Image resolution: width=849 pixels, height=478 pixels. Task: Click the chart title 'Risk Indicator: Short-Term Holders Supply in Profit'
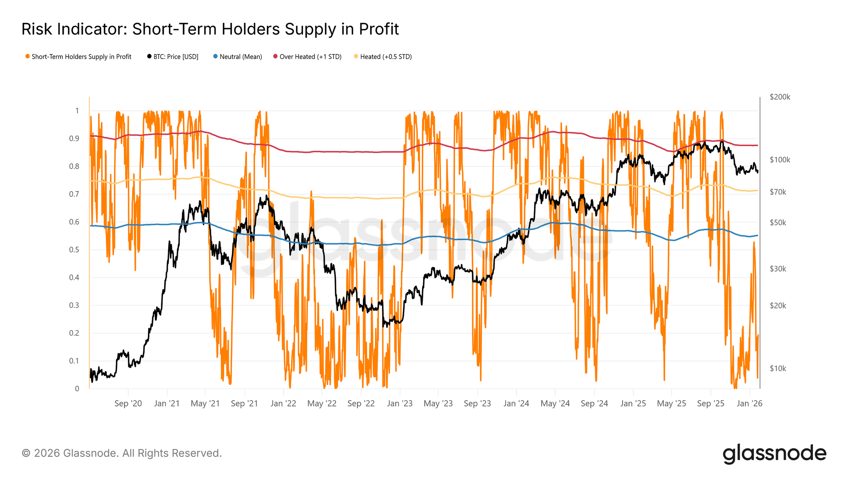pos(210,29)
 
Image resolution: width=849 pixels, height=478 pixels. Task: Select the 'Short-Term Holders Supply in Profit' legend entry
pos(81,57)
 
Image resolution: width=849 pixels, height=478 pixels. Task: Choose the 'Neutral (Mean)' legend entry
pos(240,57)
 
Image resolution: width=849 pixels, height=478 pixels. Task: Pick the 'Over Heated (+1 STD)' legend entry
pos(310,57)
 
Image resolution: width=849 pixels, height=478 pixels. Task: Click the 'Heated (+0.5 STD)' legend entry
pos(385,57)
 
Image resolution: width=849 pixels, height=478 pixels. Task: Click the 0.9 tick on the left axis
pos(74,139)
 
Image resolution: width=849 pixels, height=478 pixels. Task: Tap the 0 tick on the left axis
pos(77,389)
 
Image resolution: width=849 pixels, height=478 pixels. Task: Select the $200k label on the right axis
pos(780,97)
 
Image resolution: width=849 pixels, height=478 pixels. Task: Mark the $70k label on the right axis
pos(778,192)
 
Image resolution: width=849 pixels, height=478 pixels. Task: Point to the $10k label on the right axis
pos(778,369)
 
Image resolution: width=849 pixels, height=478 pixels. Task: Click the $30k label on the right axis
pos(778,269)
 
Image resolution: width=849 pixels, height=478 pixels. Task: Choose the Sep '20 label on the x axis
pos(128,404)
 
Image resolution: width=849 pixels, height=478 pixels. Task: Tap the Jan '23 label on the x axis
pos(399,404)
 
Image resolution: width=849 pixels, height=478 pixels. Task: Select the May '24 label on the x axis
pos(555,404)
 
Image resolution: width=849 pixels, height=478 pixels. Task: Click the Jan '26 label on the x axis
pos(749,404)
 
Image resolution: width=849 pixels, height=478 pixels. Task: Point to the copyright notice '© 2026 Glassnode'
pos(121,453)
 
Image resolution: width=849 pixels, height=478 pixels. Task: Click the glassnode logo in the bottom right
pos(774,453)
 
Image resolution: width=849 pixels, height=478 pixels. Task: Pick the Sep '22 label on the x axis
pos(361,404)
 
